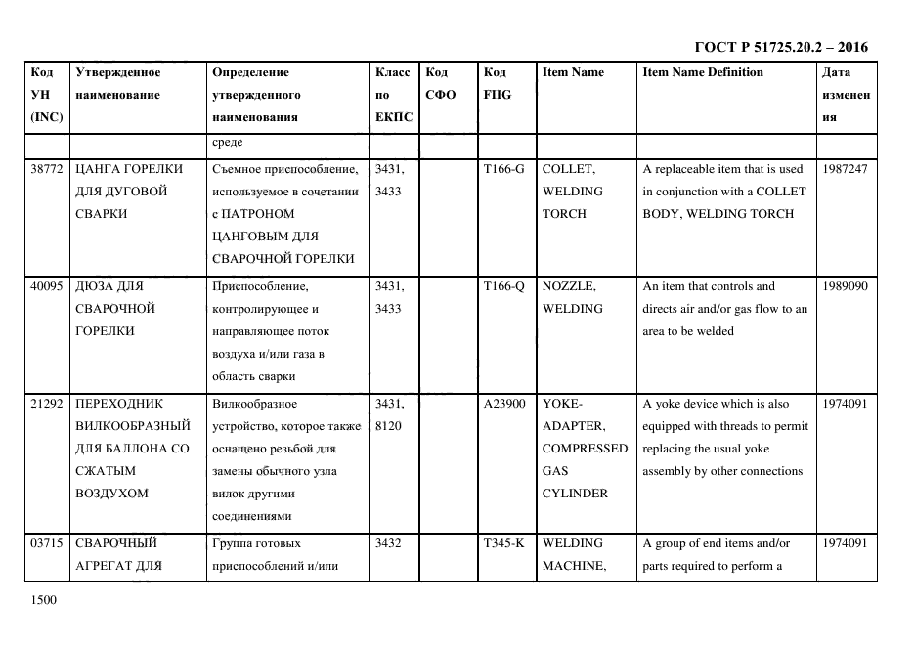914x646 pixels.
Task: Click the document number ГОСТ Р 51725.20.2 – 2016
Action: click(x=780, y=47)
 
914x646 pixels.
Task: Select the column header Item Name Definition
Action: click(x=702, y=72)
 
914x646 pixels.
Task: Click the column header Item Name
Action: click(x=573, y=72)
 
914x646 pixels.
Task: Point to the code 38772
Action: click(x=47, y=169)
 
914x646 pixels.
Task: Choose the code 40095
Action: click(x=47, y=286)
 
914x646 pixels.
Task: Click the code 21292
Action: click(x=47, y=404)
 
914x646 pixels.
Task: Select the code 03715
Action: click(x=47, y=543)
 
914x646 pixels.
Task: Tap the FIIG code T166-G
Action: click(x=504, y=169)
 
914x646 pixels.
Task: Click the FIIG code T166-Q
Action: click(x=504, y=286)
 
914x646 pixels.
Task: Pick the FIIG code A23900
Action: click(x=504, y=404)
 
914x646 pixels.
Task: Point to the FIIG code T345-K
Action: click(x=504, y=543)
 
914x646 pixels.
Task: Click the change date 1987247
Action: click(x=846, y=169)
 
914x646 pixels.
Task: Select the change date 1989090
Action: click(x=846, y=286)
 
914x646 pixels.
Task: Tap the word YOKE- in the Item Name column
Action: click(x=562, y=404)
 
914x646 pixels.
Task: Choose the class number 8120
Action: click(x=389, y=426)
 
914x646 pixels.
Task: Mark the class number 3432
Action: click(x=389, y=543)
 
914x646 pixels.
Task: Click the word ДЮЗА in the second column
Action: click(x=96, y=286)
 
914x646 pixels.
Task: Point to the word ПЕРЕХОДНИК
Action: click(x=119, y=404)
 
